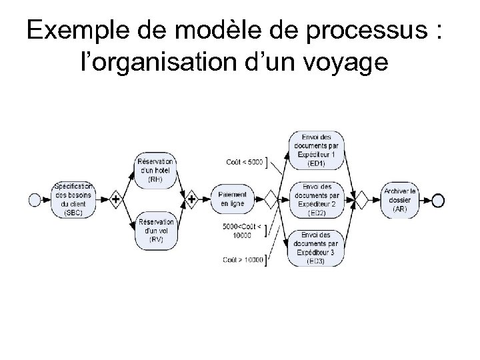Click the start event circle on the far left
36,199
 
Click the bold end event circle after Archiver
437,199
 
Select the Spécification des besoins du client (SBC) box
74,199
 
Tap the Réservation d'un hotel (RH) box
155,170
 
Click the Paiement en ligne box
232,198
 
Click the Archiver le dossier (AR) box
399,199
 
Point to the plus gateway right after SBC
115,199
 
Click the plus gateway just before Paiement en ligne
192,199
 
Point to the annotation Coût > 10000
243,260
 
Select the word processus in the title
346,33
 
